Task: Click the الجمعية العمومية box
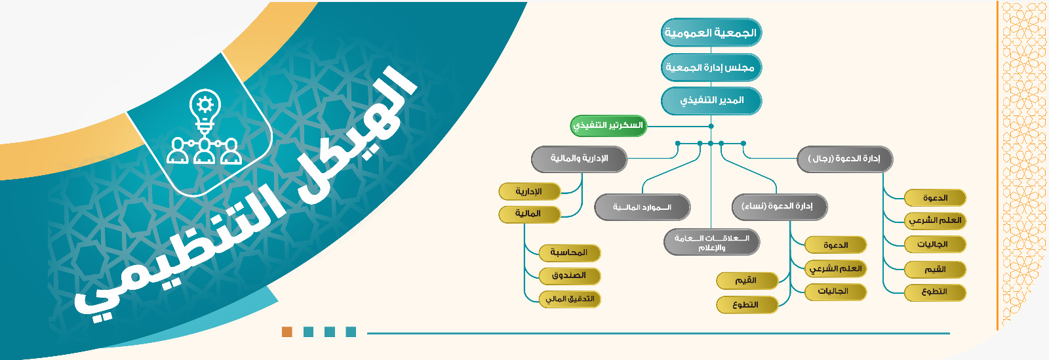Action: pyautogui.click(x=711, y=32)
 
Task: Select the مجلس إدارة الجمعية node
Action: pyautogui.click(x=711, y=68)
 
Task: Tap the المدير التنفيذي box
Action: pyautogui.click(x=711, y=100)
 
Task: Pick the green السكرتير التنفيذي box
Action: pyautogui.click(x=608, y=126)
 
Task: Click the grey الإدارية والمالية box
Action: pyautogui.click(x=579, y=159)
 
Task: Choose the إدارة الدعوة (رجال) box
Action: pyautogui.click(x=845, y=159)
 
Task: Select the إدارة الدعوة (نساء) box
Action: pyautogui.click(x=780, y=207)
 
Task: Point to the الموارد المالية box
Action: pyautogui.click(x=642, y=207)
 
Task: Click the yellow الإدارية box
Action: pyautogui.click(x=530, y=191)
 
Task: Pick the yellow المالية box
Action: pyautogui.click(x=530, y=214)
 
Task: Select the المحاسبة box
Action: pyautogui.click(x=570, y=253)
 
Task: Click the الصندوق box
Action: pyautogui.click(x=570, y=275)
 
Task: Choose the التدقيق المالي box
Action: pyautogui.click(x=570, y=299)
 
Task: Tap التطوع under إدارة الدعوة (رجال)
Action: pyautogui.click(x=935, y=292)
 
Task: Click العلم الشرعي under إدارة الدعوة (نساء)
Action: pyautogui.click(x=836, y=269)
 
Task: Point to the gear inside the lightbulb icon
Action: pyautogui.click(x=205, y=104)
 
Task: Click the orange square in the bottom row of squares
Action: pyautogui.click(x=287, y=332)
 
